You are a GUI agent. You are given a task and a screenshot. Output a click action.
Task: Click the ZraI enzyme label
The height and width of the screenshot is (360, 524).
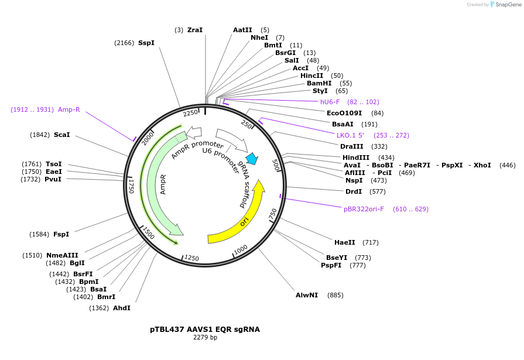[x=195, y=30]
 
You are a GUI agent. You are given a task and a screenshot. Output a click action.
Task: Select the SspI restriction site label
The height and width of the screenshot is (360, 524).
[x=146, y=43]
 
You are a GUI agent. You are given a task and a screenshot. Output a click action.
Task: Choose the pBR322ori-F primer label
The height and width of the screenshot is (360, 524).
[x=364, y=209]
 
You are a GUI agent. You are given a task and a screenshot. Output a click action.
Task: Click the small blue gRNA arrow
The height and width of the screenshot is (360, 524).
[x=252, y=158]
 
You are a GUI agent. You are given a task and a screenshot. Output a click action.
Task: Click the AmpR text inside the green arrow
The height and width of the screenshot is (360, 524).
[x=163, y=184]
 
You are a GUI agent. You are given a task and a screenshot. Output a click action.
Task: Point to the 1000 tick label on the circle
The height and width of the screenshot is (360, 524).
[x=240, y=251]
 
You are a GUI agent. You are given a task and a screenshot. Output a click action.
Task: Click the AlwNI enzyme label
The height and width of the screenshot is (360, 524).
[x=307, y=295]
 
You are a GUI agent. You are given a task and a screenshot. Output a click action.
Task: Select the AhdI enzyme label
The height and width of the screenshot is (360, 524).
[x=122, y=308]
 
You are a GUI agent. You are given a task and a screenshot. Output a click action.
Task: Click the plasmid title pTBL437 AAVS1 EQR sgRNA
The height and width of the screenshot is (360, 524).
[x=205, y=330]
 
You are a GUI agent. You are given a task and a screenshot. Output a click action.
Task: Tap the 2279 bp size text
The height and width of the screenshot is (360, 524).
[x=205, y=338]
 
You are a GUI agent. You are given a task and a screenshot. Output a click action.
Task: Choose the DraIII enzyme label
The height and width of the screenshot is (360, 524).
[x=352, y=146]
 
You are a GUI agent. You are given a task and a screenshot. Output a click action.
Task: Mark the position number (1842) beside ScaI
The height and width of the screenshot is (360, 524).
[x=40, y=135]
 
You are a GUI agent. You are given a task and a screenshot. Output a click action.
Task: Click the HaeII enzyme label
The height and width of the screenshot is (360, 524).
[x=345, y=242]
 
